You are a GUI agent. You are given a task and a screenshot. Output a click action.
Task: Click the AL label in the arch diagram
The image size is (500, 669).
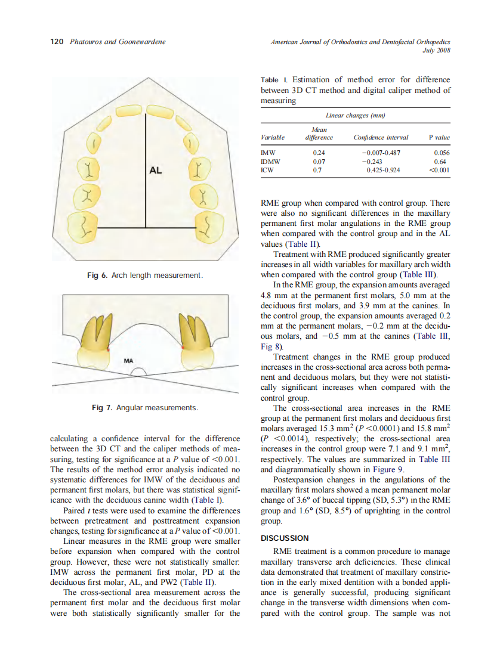pos(155,171)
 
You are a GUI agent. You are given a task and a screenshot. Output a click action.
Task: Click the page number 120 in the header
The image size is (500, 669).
pos(56,42)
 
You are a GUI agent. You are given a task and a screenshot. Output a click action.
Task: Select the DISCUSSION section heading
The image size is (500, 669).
pos(285,538)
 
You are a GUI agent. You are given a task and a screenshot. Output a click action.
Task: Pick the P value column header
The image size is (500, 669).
pos(439,137)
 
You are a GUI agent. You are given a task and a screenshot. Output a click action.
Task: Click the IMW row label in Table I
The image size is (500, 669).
pos(268,153)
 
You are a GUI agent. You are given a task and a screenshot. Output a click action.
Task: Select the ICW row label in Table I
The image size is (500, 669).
pos(268,169)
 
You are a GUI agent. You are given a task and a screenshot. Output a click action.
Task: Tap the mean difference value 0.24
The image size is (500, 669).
pos(320,153)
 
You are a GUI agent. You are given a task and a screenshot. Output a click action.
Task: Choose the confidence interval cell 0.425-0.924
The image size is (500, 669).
pos(383,169)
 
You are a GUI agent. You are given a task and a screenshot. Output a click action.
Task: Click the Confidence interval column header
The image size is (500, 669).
pos(381,137)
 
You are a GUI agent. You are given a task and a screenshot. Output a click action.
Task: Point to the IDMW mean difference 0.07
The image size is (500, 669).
pos(320,161)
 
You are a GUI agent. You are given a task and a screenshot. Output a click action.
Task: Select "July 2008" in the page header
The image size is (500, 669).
pos(436,51)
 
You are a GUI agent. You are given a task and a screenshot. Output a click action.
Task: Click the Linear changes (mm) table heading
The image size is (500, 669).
pos(355,114)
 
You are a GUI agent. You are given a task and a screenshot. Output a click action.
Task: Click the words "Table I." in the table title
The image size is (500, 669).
pos(274,80)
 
